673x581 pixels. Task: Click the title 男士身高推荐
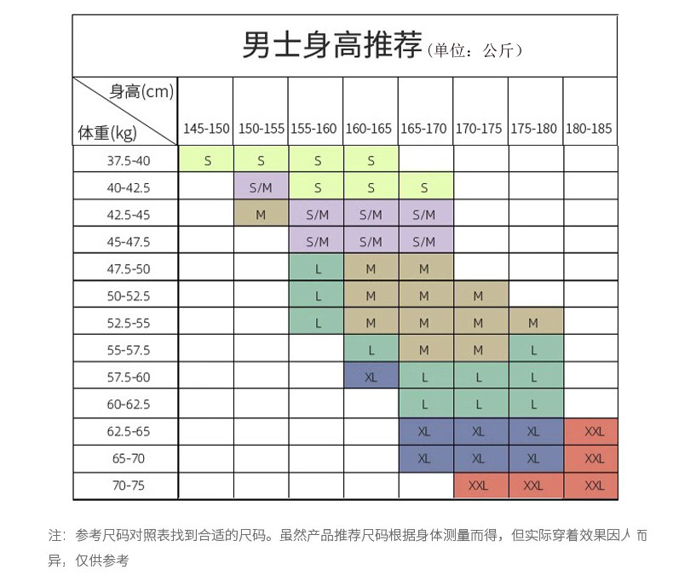click(331, 45)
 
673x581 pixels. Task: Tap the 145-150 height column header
click(206, 129)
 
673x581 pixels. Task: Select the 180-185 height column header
click(589, 129)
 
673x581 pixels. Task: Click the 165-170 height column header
click(423, 129)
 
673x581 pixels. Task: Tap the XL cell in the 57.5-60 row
click(371, 377)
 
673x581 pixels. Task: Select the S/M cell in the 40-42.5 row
click(261, 187)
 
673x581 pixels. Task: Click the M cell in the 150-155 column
click(261, 215)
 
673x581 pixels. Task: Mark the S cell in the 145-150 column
click(207, 160)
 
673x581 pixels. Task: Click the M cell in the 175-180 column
click(533, 323)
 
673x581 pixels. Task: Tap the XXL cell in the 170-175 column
click(479, 486)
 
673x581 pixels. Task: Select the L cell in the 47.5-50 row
click(317, 269)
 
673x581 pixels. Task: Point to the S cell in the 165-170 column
click(424, 187)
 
